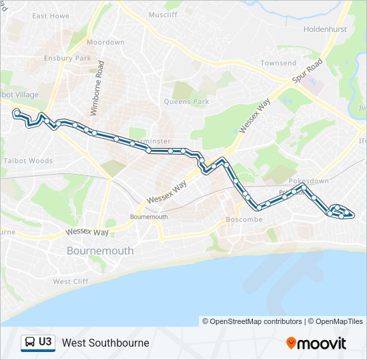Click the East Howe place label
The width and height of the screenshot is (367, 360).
pos(51,15)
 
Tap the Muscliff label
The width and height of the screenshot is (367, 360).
pos(163,14)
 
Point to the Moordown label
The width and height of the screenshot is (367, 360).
pos(105,42)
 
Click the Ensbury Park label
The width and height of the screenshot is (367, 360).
pos(67,58)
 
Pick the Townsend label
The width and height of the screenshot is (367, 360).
pos(278,63)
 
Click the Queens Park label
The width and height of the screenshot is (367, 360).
pos(187,102)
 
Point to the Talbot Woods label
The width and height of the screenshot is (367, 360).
pos(28,161)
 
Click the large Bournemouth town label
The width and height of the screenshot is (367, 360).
pos(100,251)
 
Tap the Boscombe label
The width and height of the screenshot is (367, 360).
pos(246,219)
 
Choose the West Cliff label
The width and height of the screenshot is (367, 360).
pos(71,281)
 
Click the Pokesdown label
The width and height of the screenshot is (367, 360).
pos(309,181)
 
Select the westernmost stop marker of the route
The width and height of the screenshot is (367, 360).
pos(16,113)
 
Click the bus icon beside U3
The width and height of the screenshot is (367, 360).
pos(30,343)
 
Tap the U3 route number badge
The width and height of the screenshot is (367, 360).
pos(45,343)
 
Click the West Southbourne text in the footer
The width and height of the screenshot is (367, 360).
pos(105,343)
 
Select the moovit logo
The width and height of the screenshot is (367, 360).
pos(316,343)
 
